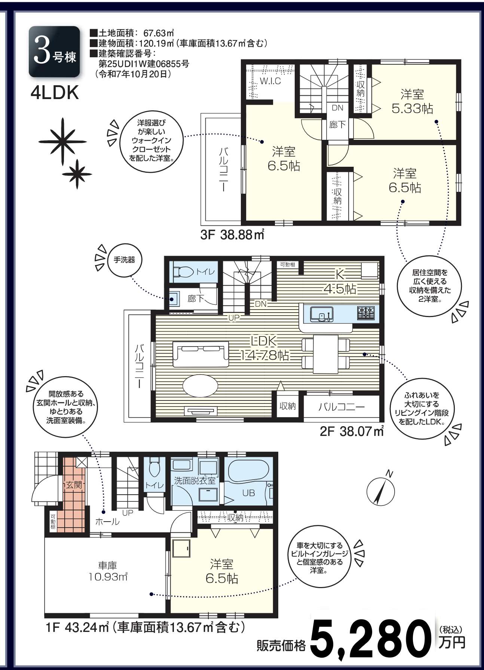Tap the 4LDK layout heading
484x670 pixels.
pyautogui.click(x=55, y=93)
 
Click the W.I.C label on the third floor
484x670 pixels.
pyautogui.click(x=270, y=81)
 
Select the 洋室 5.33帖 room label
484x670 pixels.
pyautogui.click(x=412, y=101)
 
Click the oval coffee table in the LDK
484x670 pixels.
pyautogui.click(x=200, y=385)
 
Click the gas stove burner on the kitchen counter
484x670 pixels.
pyautogui.click(x=366, y=313)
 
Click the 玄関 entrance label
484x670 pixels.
pyautogui.click(x=74, y=485)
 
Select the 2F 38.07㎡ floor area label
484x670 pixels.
pyautogui.click(x=352, y=431)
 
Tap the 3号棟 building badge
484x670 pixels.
pyautogui.click(x=54, y=52)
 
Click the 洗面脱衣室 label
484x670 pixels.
pyautogui.click(x=195, y=481)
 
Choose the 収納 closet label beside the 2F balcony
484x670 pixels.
pyautogui.click(x=288, y=406)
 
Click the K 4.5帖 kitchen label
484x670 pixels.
pyautogui.click(x=340, y=282)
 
